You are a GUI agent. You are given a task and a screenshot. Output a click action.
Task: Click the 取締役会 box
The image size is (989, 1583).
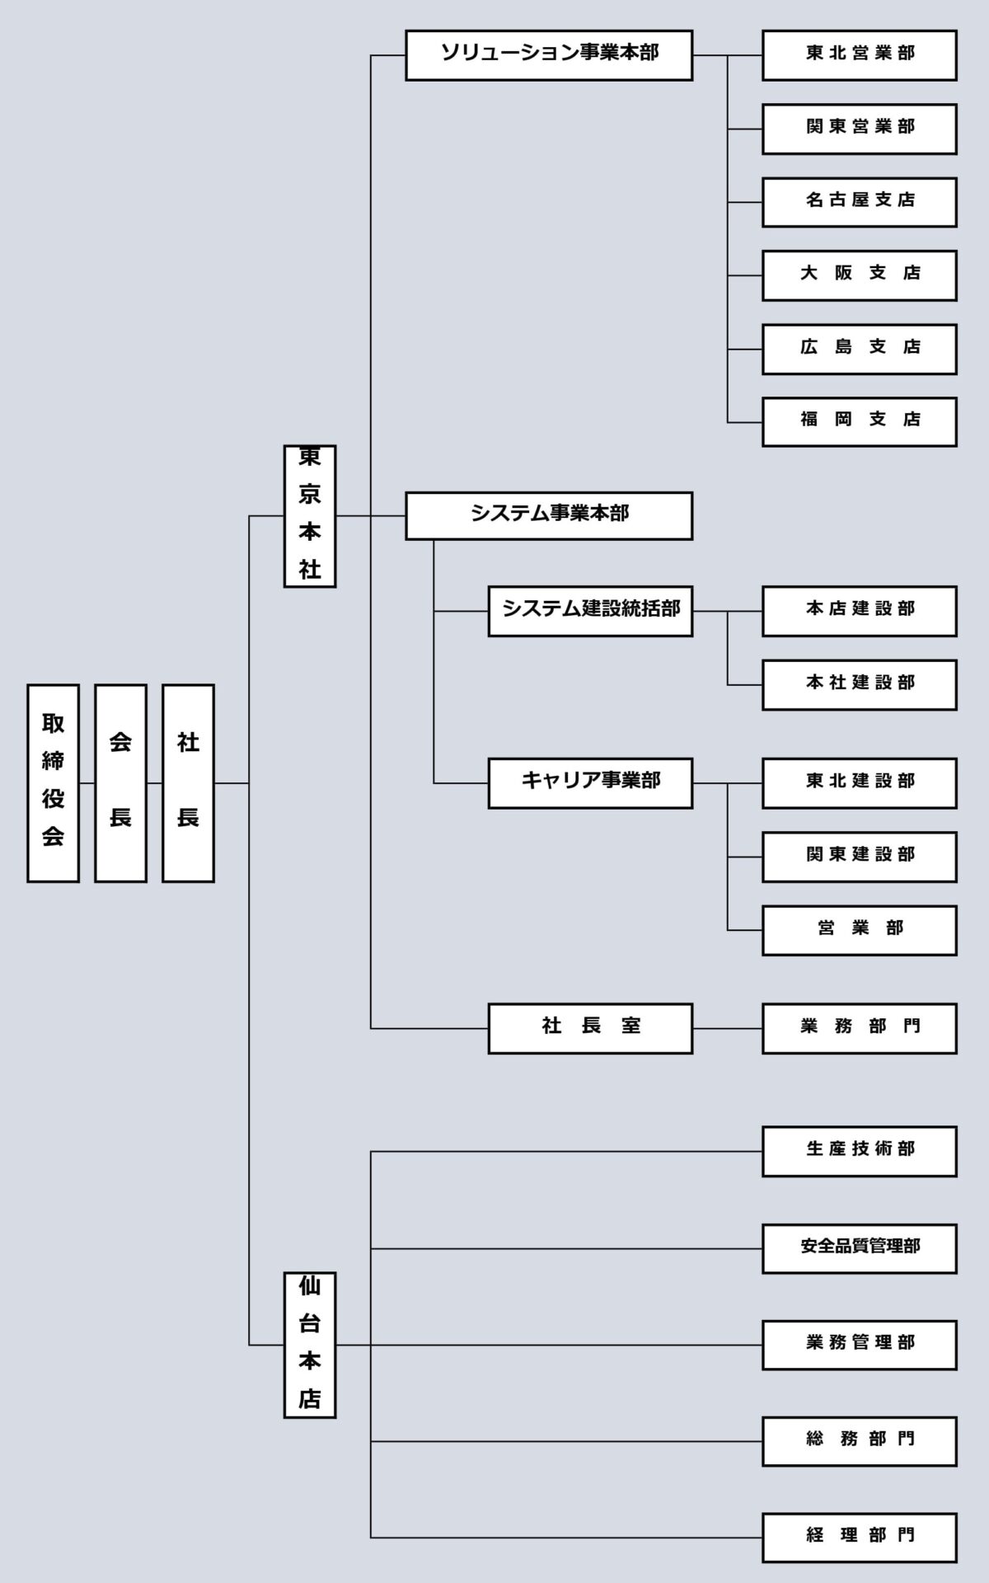point(53,783)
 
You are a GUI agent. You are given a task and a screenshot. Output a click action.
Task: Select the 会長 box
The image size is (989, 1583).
point(120,783)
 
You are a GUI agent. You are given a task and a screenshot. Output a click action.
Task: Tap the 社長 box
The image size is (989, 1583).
point(188,783)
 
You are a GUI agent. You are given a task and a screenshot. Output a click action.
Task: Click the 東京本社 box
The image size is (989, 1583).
point(309,516)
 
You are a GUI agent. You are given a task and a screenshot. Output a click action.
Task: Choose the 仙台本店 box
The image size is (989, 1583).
point(309,1345)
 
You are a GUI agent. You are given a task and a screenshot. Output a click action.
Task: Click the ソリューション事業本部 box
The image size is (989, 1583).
point(549,55)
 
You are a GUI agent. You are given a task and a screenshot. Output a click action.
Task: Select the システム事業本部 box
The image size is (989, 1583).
point(549,516)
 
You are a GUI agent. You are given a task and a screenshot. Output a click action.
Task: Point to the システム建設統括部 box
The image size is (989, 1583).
point(590,611)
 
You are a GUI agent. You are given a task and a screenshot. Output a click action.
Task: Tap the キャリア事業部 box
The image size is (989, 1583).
point(590,782)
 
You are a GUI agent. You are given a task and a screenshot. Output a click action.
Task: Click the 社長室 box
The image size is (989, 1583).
point(590,1028)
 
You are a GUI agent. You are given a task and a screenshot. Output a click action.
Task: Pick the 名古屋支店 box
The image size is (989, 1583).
point(860,202)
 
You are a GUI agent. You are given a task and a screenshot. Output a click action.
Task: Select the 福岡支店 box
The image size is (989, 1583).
point(860,422)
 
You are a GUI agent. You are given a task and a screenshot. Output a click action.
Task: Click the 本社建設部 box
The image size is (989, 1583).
point(860,684)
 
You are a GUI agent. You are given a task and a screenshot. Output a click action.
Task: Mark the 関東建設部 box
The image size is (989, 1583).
point(860,857)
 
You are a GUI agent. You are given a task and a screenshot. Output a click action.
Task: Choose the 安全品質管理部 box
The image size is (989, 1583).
point(860,1248)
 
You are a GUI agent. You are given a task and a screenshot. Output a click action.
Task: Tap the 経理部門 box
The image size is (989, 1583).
point(860,1537)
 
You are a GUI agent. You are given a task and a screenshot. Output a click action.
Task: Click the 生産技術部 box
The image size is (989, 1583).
point(860,1151)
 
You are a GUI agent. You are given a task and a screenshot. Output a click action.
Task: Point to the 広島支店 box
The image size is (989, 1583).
point(860,349)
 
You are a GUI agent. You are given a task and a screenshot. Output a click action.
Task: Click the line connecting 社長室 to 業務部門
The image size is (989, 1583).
point(727,1028)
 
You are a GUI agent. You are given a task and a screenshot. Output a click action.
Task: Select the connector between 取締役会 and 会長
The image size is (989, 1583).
point(87,782)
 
